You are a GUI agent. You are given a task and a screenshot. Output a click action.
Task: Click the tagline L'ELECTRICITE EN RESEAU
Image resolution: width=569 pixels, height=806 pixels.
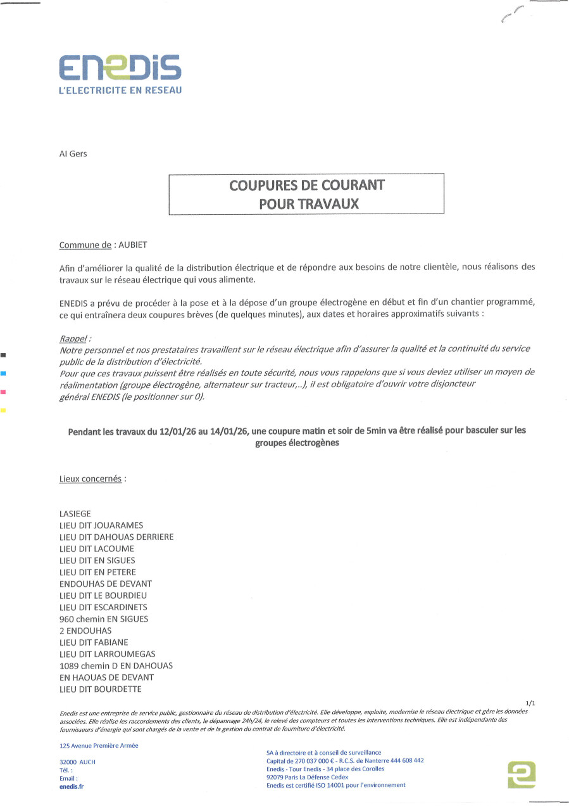tap(120, 91)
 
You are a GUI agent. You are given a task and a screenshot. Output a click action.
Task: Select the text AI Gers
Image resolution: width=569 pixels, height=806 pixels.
tap(73, 154)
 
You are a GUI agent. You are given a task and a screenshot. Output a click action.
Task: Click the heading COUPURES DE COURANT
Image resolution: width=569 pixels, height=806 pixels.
tap(307, 186)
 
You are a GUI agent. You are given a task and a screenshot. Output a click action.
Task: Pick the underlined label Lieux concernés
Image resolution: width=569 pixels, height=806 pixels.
tap(90, 478)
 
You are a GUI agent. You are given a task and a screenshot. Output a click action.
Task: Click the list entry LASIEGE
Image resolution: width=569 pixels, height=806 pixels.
tap(75, 514)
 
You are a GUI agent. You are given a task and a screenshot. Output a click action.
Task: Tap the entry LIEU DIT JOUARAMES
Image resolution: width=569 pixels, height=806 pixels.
tap(101, 525)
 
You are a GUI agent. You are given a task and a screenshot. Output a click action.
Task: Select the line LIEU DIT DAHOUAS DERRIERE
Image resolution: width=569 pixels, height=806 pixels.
tap(116, 537)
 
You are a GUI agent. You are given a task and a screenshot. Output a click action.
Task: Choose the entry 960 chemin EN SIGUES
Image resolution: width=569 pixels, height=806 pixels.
tap(104, 619)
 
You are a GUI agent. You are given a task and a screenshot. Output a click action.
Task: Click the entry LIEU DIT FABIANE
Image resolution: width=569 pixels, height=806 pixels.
tap(94, 642)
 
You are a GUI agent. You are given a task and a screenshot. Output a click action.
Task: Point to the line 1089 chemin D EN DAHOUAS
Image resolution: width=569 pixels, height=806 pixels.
tap(116, 665)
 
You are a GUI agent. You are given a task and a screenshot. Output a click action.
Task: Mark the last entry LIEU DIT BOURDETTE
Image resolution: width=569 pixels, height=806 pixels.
tap(100, 689)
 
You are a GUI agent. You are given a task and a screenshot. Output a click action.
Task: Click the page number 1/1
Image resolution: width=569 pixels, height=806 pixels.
tap(530, 703)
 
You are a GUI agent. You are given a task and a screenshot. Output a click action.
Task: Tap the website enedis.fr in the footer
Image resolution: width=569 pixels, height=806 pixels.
tap(71, 786)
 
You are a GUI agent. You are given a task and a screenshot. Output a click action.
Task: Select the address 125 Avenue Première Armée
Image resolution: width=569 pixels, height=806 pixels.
tap(99, 746)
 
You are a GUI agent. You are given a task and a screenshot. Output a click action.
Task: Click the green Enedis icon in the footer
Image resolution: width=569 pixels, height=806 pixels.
tap(522, 774)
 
